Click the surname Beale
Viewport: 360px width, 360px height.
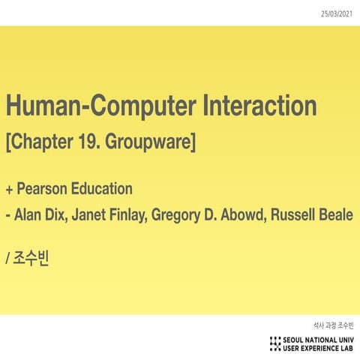338,216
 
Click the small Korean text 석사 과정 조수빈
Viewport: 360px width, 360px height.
333,325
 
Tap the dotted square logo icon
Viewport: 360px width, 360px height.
275,343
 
